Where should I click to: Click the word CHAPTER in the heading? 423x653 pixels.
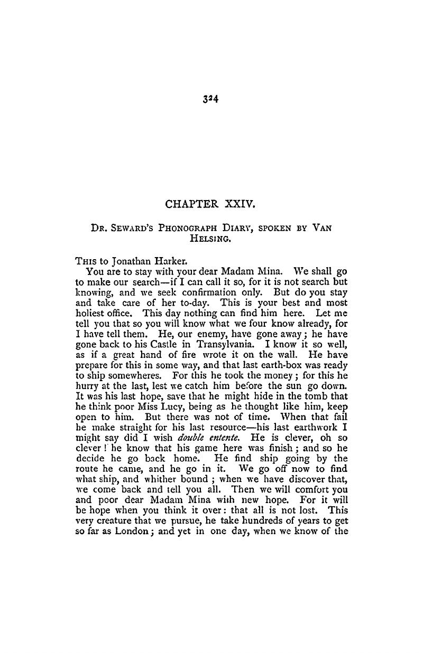click(x=188, y=203)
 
